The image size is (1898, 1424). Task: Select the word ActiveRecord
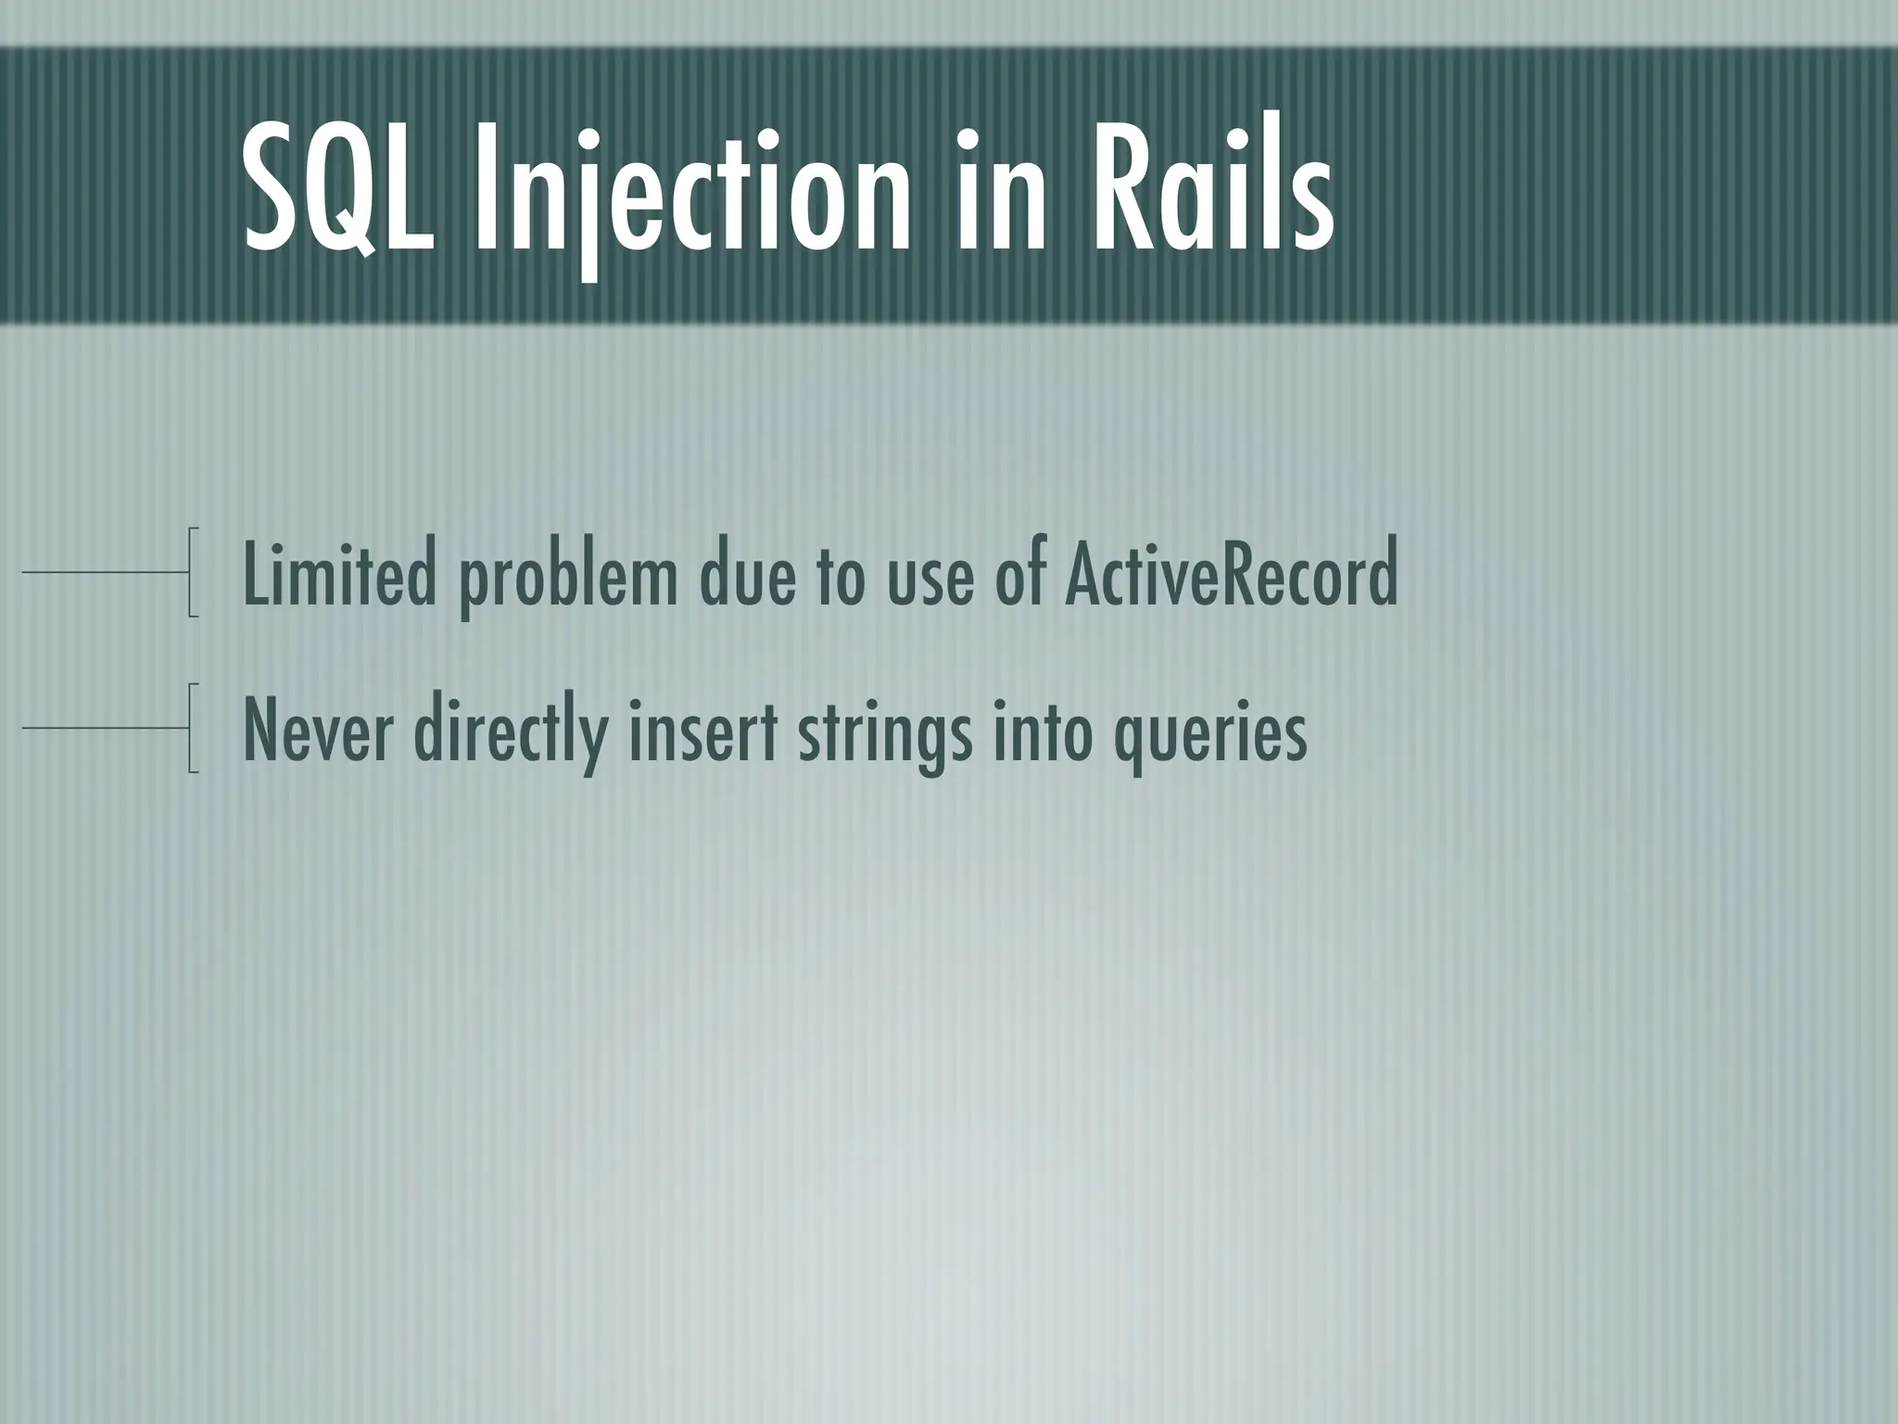point(1231,576)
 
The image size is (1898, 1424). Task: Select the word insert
point(701,732)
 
